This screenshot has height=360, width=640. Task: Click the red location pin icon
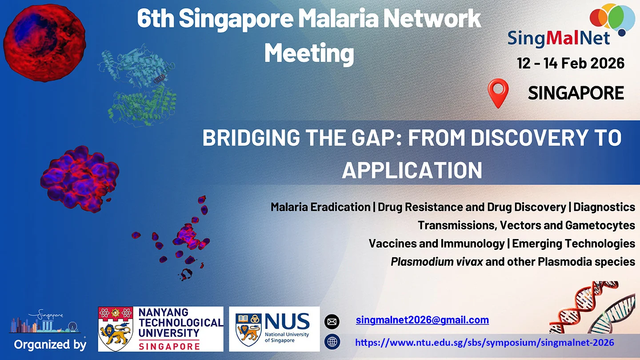[498, 93]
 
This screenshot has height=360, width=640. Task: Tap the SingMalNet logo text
[559, 38]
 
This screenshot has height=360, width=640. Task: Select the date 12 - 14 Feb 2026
[571, 63]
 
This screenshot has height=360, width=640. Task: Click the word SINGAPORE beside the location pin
[576, 93]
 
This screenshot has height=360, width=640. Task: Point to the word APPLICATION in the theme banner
[412, 170]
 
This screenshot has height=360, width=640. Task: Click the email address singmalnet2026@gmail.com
[422, 320]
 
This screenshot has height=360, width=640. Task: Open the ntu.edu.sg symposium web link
[484, 342]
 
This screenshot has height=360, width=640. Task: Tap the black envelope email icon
[332, 322]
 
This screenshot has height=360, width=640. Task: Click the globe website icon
[332, 342]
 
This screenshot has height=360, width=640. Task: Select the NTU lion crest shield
[116, 328]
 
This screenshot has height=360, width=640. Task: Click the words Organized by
[50, 344]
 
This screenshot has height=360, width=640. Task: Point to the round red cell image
[44, 43]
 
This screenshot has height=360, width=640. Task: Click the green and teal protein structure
[138, 85]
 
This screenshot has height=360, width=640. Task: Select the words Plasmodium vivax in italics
[437, 262]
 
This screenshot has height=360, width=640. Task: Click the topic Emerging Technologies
[574, 244]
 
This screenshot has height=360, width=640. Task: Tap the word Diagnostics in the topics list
[604, 207]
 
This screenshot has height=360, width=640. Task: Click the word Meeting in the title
[309, 53]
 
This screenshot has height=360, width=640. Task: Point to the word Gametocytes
[600, 225]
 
